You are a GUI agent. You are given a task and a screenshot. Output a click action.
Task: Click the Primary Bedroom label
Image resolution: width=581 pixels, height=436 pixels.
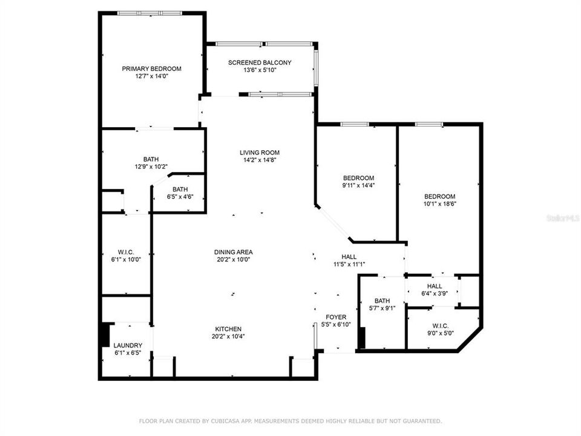click(151, 69)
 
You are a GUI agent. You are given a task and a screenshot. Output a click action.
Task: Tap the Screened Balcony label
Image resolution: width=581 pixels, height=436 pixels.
click(260, 63)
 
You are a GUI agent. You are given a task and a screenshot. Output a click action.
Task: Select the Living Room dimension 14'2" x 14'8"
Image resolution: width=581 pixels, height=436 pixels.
click(260, 160)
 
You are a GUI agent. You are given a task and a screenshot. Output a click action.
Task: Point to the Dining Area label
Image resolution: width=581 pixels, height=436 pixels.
click(233, 252)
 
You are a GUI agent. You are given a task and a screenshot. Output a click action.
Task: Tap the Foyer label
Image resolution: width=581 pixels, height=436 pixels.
click(336, 317)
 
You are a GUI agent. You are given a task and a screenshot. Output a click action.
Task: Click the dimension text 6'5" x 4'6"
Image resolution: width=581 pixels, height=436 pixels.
click(180, 196)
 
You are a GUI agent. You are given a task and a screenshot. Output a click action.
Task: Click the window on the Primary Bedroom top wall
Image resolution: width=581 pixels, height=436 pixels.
click(149, 13)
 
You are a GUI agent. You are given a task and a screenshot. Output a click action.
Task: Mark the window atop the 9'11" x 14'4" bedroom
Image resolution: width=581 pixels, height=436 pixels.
click(355, 124)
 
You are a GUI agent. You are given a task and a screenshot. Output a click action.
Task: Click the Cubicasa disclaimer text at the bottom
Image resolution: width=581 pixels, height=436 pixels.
click(290, 420)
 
